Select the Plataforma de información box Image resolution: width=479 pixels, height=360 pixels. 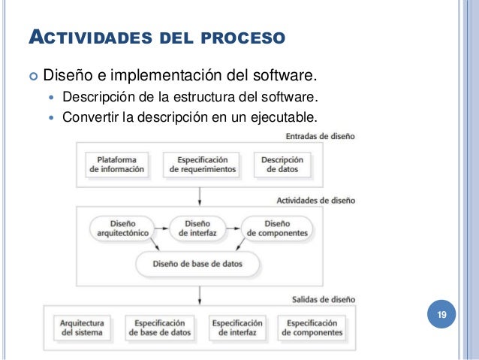[x=116, y=165]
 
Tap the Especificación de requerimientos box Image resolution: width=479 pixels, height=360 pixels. [x=203, y=165]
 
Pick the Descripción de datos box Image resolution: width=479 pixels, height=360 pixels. [x=282, y=165]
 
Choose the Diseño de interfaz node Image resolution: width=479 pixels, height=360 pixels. [x=197, y=228]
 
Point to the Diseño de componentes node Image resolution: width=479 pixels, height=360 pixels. [x=277, y=228]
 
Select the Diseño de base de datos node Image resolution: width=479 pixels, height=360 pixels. [x=198, y=264]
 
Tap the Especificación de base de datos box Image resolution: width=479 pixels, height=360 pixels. [x=160, y=327]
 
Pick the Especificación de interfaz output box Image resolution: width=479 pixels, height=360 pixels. [x=237, y=327]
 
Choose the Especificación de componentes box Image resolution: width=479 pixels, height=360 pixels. [x=309, y=327]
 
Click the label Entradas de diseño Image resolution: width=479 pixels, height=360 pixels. [x=321, y=137]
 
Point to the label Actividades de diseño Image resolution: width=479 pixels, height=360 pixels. [x=315, y=201]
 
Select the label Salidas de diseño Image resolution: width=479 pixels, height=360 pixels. [x=324, y=299]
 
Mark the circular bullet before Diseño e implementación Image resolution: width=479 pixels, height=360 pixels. [x=32, y=76]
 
